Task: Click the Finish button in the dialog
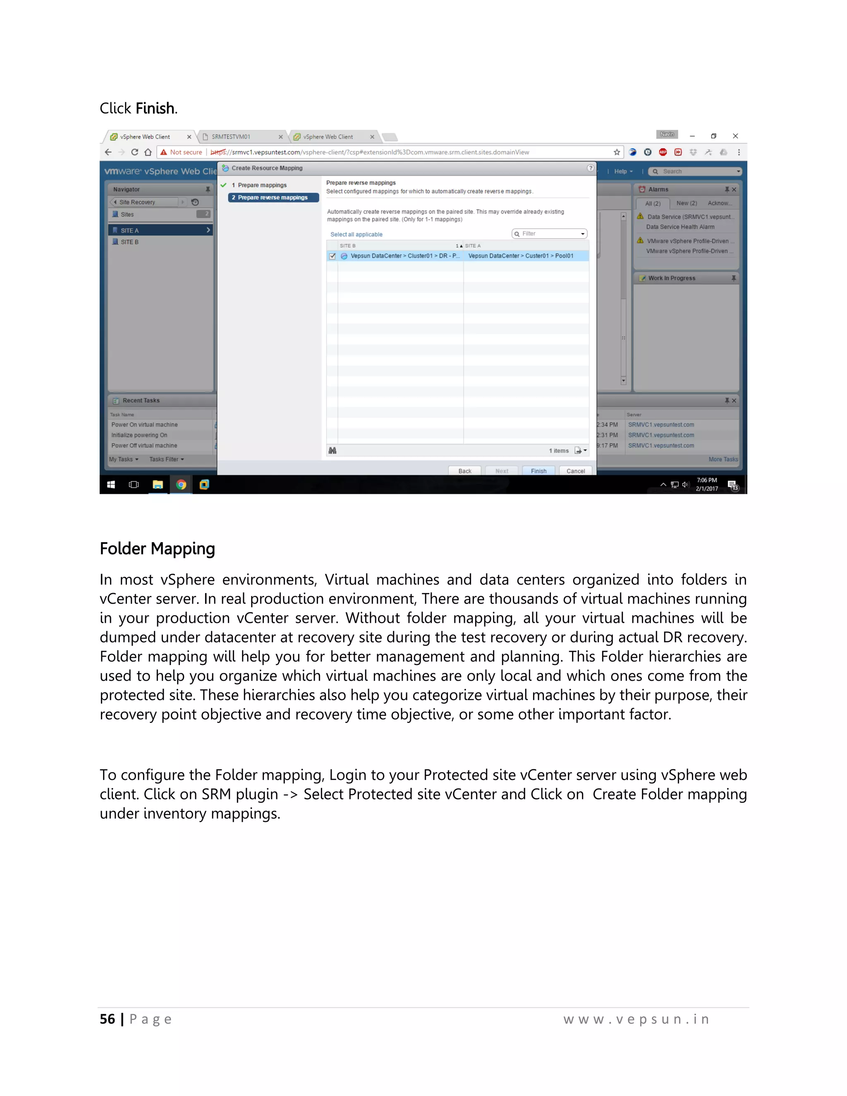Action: pos(538,471)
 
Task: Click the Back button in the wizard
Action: pos(464,471)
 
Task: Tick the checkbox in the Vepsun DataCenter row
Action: pos(332,256)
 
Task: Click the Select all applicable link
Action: pos(356,235)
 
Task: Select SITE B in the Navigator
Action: pos(129,242)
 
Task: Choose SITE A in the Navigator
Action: pos(129,230)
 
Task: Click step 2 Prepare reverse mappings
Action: pos(273,198)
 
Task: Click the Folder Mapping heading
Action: pos(157,548)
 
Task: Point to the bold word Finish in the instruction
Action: pos(155,108)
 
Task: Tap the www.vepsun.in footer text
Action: pos(636,1019)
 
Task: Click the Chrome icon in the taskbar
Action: pos(181,484)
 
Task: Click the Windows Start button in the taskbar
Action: pos(111,484)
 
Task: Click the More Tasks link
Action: pos(723,459)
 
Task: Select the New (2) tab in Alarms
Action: pos(687,203)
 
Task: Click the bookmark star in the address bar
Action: pos(617,152)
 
